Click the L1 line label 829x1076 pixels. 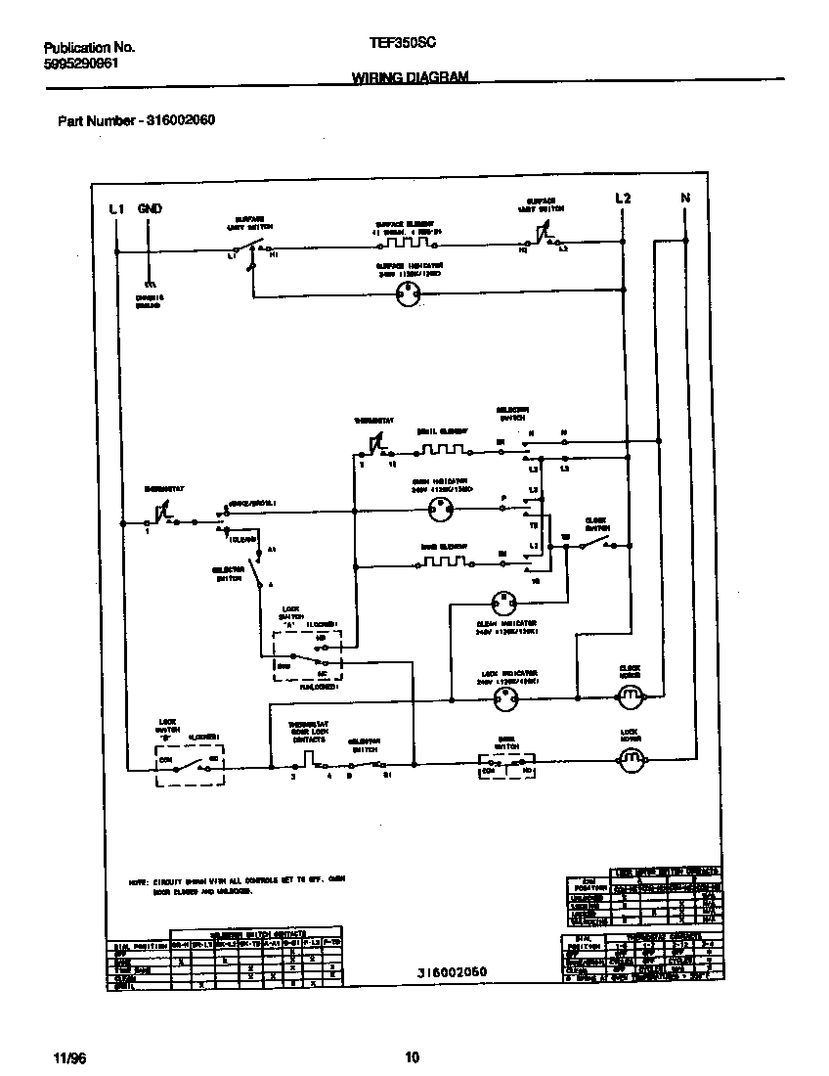(x=116, y=208)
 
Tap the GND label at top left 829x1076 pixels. (x=150, y=208)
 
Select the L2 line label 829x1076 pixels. (x=623, y=200)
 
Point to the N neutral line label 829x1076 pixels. (x=685, y=200)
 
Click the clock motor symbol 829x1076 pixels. (x=630, y=695)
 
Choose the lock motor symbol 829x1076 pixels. (x=630, y=757)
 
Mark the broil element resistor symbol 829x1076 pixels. (x=443, y=451)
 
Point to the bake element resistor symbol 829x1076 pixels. (x=443, y=561)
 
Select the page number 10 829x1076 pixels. (x=412, y=1056)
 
